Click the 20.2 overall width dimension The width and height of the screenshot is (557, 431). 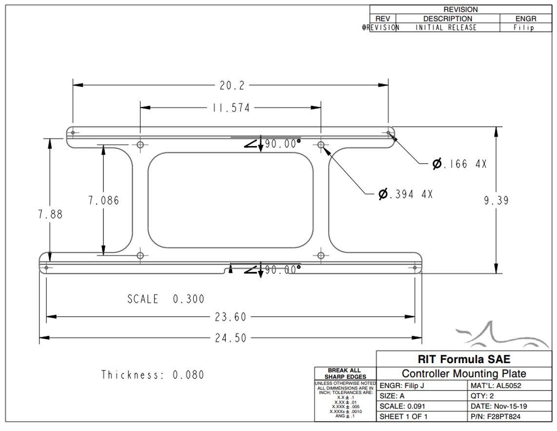(x=232, y=85)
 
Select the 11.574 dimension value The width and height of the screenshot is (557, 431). (x=231, y=108)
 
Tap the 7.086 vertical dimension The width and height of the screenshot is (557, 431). (x=103, y=200)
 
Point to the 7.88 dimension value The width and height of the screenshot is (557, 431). (x=50, y=214)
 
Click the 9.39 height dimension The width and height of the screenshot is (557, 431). (x=496, y=200)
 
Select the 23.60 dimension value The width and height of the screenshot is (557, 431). (x=231, y=317)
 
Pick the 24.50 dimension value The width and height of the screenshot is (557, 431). (x=231, y=338)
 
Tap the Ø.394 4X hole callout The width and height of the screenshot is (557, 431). (x=405, y=194)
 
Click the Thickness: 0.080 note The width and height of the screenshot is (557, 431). (x=153, y=375)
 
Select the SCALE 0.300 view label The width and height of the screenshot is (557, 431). (x=166, y=299)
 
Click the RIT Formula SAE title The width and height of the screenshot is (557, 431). (x=464, y=359)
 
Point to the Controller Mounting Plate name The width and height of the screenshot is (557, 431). (x=464, y=374)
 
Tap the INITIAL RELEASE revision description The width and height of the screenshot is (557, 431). (x=446, y=28)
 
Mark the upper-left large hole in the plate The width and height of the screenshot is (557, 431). (x=140, y=145)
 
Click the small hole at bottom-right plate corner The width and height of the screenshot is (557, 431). (x=415, y=267)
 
